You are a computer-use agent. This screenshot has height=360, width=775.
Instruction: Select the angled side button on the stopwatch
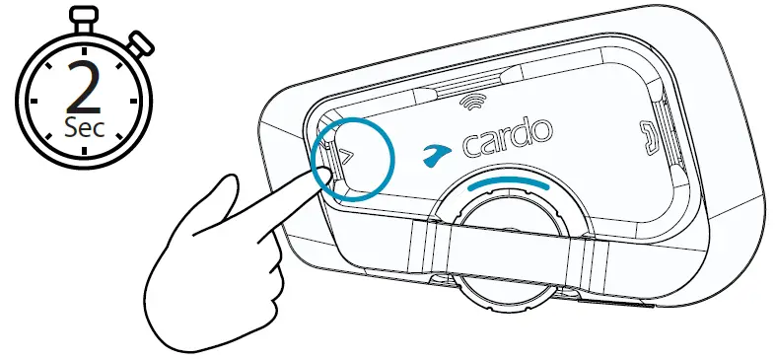[x=140, y=43]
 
